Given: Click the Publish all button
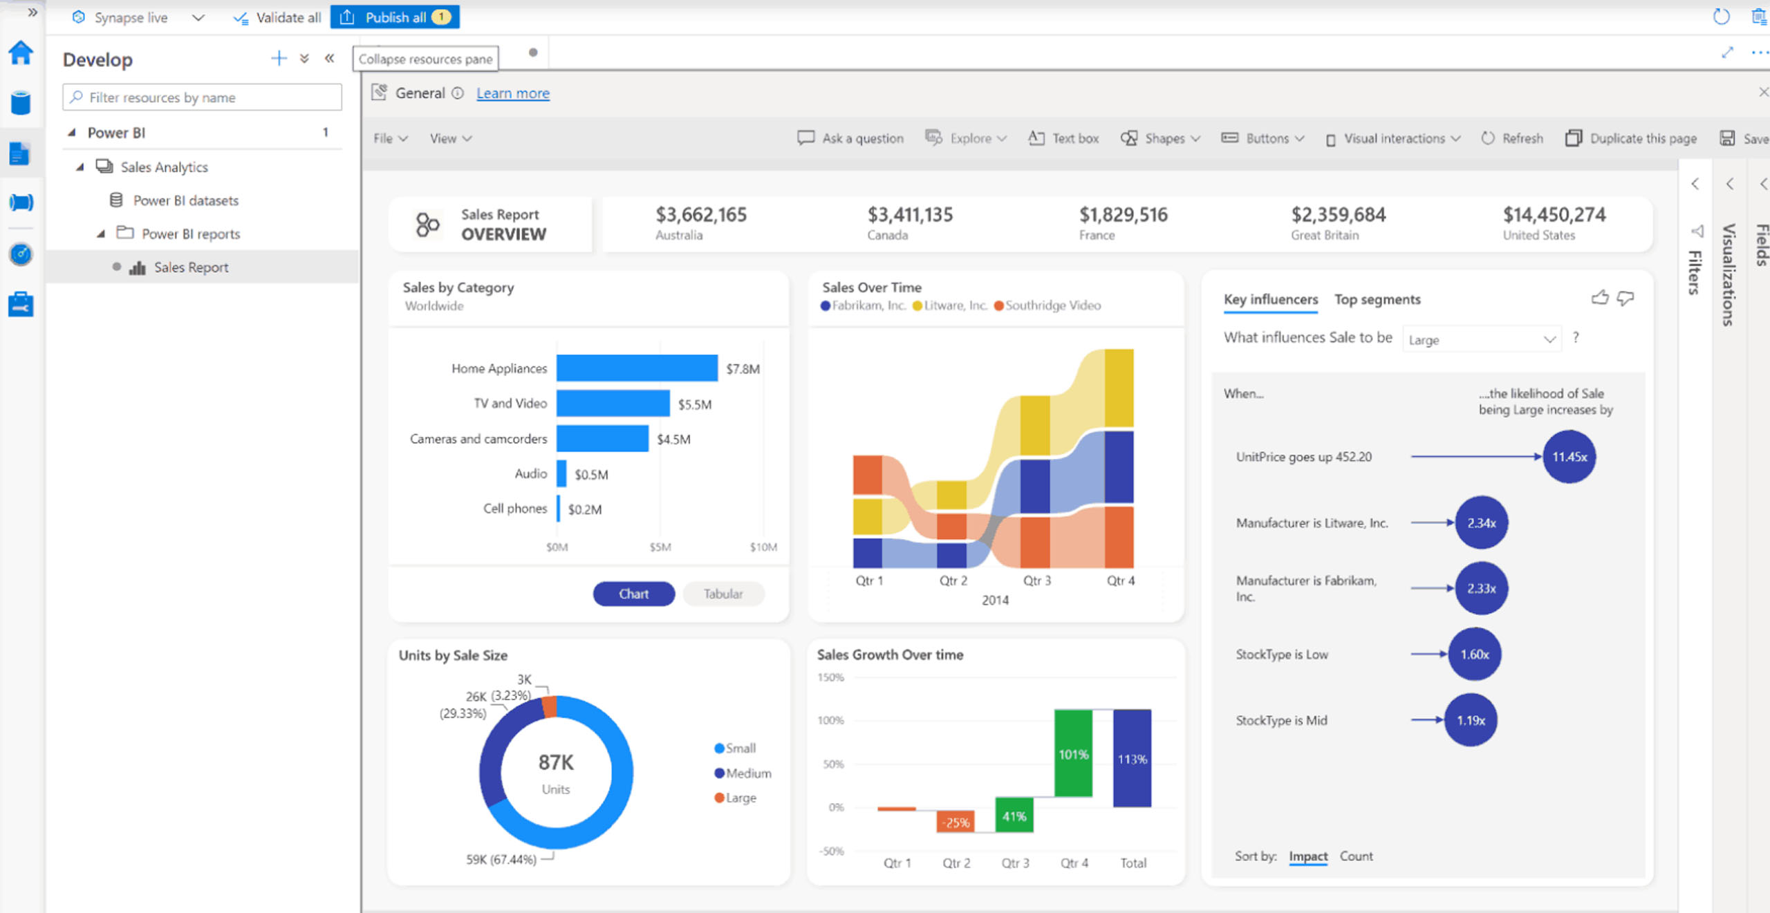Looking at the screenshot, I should [x=395, y=17].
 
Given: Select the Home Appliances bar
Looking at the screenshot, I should [x=636, y=368].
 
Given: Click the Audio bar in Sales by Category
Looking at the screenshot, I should [x=561, y=473].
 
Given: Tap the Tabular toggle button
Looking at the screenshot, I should [x=723, y=594].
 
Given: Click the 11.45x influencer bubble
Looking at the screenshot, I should [x=1569, y=457].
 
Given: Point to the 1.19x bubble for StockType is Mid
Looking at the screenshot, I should [x=1471, y=720].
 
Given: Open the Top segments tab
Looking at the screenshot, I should [x=1377, y=299].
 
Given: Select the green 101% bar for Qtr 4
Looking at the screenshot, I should [x=1073, y=753].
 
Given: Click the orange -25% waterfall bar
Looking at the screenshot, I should [x=956, y=822].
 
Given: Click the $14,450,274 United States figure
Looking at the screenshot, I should [x=1554, y=215].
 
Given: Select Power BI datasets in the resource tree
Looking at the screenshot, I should [x=185, y=200].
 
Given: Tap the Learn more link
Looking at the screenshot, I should [x=512, y=93].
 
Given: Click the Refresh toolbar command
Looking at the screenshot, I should [x=1513, y=138].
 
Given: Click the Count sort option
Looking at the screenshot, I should [x=1356, y=856].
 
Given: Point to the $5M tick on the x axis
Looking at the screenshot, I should [x=660, y=547].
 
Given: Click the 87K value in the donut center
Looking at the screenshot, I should [x=556, y=762].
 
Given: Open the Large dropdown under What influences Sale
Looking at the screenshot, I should [x=1481, y=339].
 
